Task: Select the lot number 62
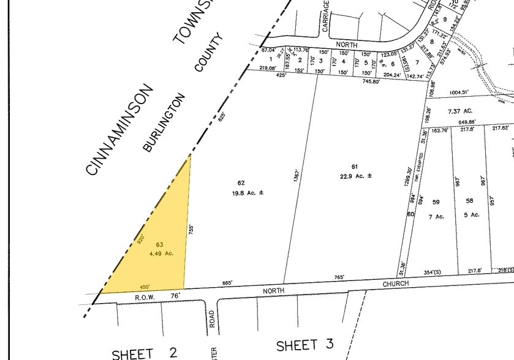coord(241,182)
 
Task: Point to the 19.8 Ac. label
coord(248,193)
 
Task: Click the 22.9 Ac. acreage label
coord(357,176)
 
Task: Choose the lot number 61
coord(354,167)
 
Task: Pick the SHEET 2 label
coord(145,353)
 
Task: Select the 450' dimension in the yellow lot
coord(145,286)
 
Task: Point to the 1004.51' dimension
coord(459,92)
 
